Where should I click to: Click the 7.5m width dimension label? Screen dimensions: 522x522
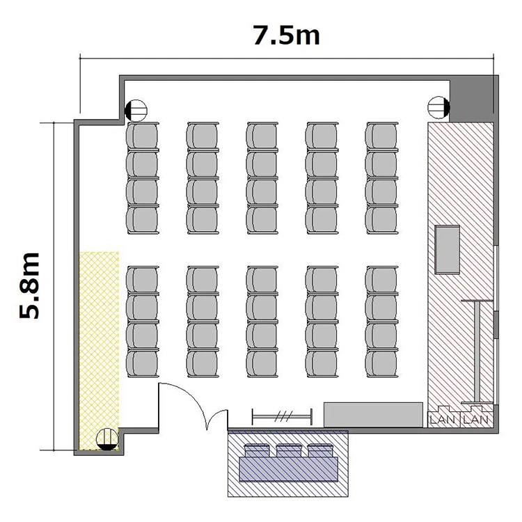286,35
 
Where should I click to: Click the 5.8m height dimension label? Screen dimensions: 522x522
29,285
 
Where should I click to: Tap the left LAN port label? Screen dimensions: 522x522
443,419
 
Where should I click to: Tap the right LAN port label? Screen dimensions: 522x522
476,419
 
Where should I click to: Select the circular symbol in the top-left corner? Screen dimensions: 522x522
136,111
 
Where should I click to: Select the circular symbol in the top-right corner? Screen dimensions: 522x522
438,107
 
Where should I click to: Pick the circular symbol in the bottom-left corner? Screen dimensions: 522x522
107,439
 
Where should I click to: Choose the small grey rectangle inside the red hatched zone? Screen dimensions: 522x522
447,250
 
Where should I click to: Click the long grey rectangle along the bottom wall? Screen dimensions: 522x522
373,415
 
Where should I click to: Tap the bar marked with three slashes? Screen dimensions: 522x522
282,416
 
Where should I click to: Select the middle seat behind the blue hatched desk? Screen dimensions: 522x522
288,450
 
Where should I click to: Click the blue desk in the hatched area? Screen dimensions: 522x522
289,469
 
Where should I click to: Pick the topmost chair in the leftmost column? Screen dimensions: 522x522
143,136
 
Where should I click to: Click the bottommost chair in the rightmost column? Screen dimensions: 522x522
381,363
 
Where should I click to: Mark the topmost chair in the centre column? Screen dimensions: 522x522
262,136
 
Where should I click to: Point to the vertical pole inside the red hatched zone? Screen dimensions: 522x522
477,351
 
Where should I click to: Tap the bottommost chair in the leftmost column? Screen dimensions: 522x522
143,363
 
